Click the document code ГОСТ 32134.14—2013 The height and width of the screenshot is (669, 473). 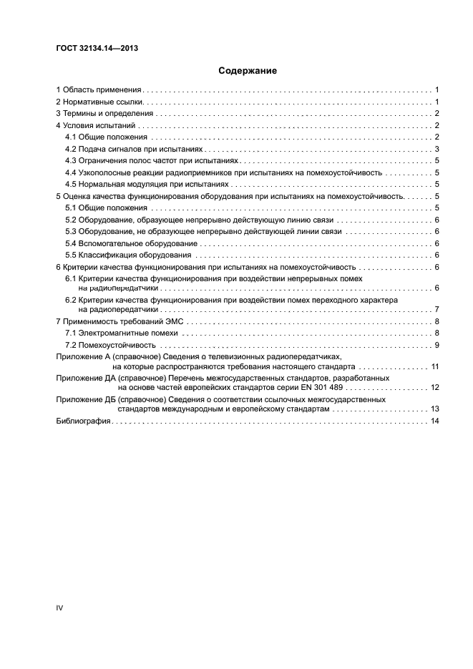coord(97,49)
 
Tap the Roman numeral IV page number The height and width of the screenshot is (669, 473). coord(60,607)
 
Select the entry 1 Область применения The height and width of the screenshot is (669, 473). coord(100,90)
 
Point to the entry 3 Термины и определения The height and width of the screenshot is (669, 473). coord(104,114)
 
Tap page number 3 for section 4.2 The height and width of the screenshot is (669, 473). coord(437,149)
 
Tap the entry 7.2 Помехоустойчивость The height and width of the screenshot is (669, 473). coord(110,345)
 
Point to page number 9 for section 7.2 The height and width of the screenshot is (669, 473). coord(437,345)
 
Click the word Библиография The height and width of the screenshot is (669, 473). coord(82,421)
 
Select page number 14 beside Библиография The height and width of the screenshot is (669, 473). coord(434,421)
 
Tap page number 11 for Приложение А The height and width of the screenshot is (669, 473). coord(434,366)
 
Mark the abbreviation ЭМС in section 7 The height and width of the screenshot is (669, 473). coord(174,321)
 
